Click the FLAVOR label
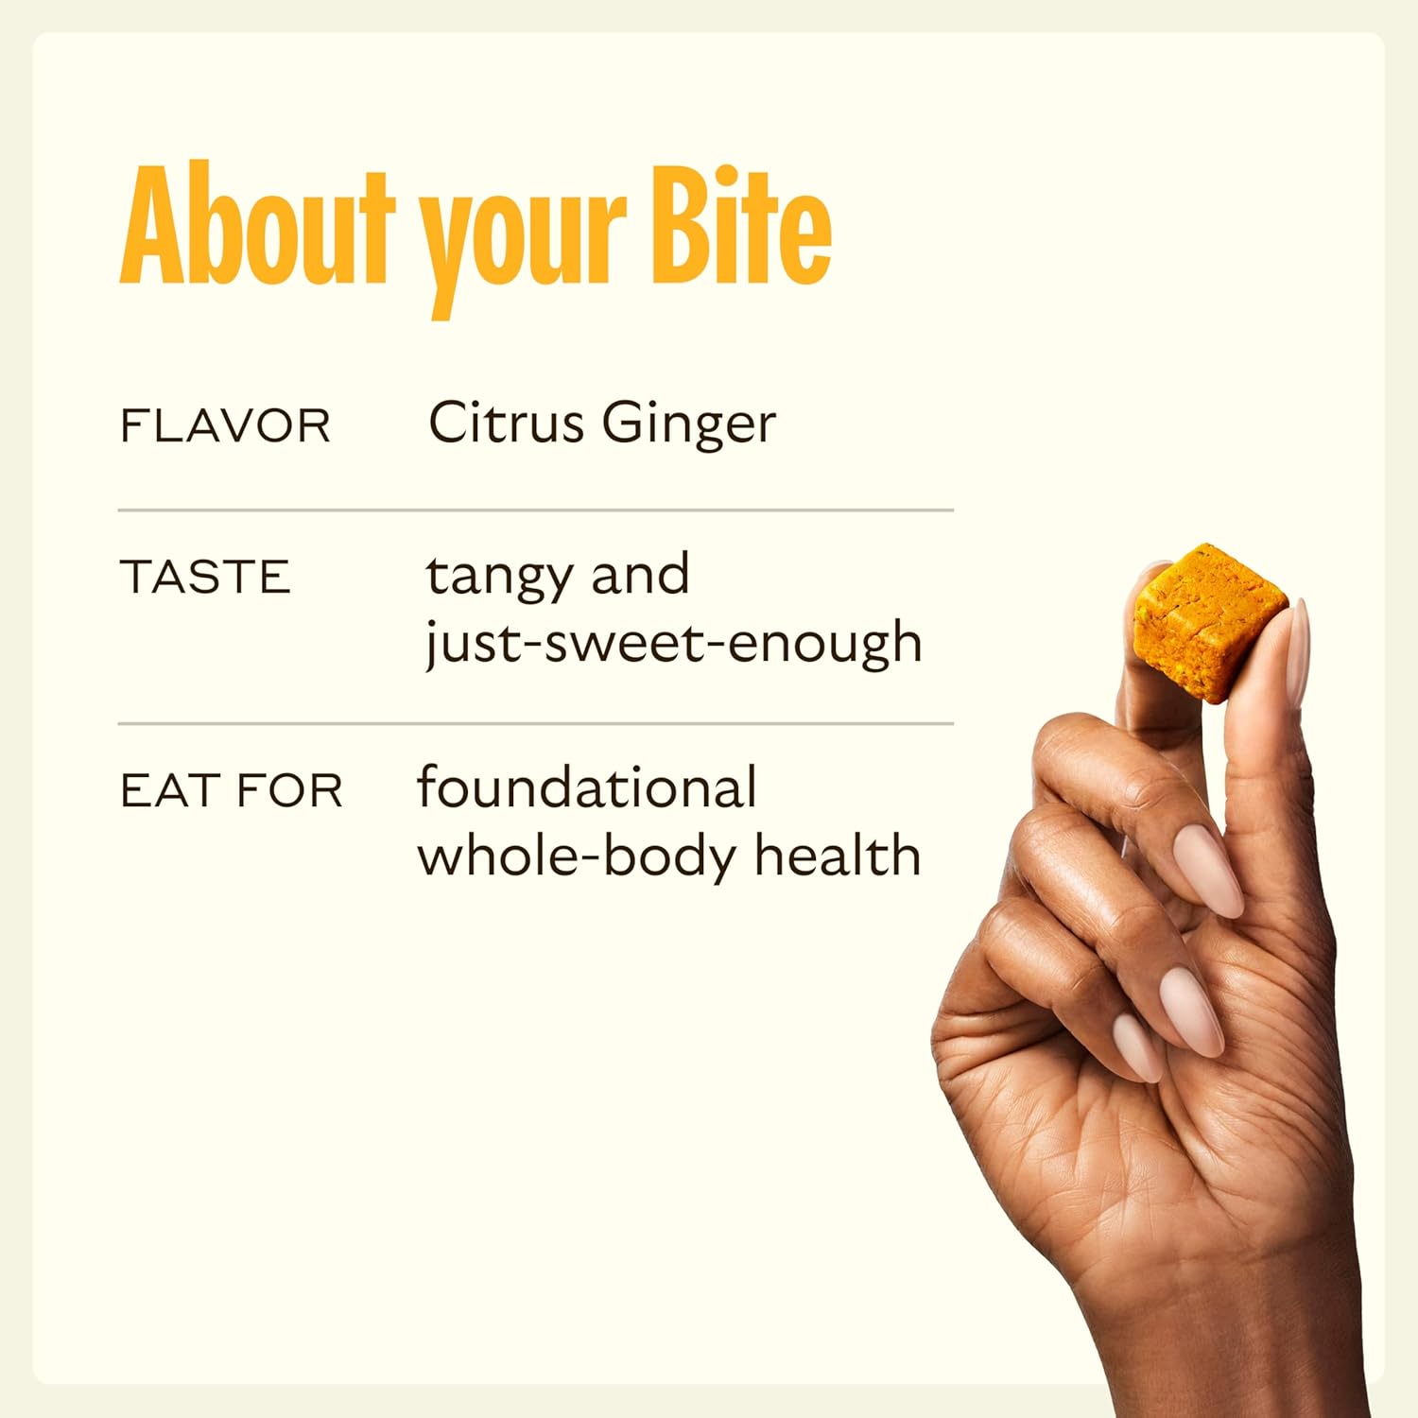point(225,426)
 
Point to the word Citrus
point(506,423)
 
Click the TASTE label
point(205,578)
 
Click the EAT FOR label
point(232,791)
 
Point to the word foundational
point(587,787)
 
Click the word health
point(838,856)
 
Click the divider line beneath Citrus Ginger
point(535,510)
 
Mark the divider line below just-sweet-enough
point(535,724)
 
